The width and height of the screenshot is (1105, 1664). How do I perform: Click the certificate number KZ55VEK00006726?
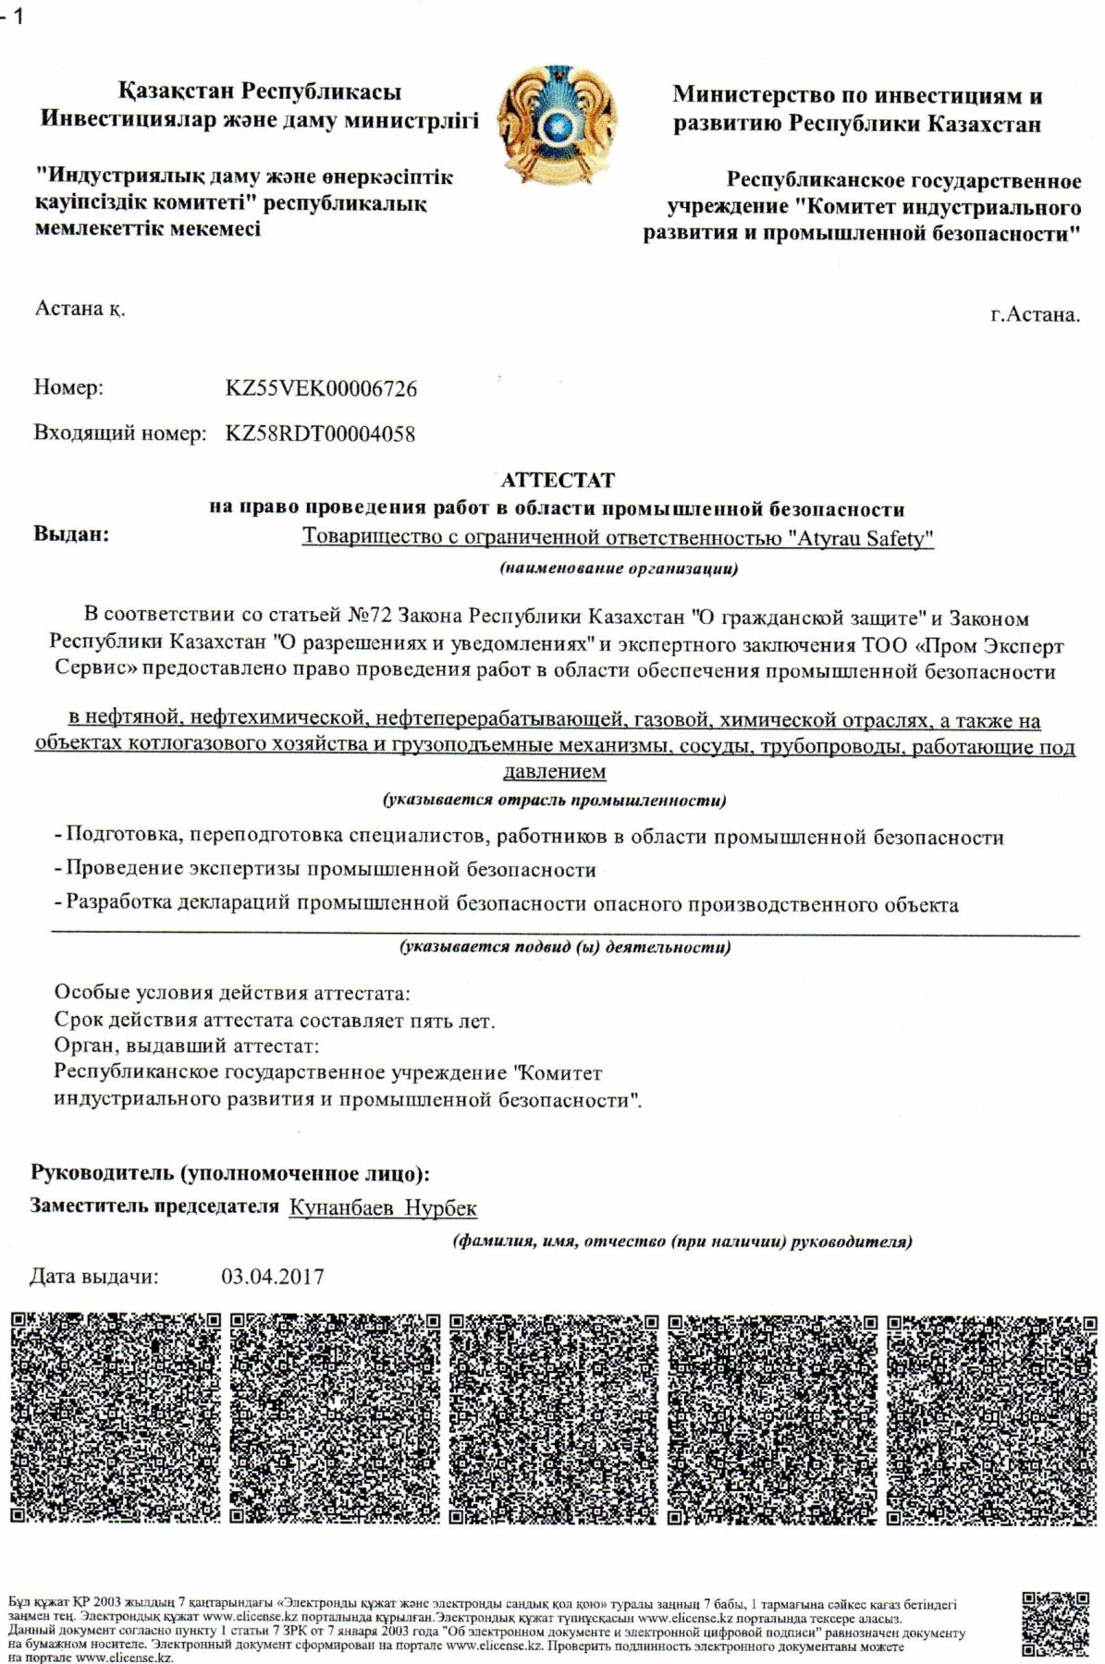click(x=321, y=388)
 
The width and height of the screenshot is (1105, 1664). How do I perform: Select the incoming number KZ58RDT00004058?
click(x=320, y=434)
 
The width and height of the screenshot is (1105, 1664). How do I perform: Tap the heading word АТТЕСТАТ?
click(x=557, y=480)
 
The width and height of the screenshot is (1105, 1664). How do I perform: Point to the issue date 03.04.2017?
click(x=273, y=1277)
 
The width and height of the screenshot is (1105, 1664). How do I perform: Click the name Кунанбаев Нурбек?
click(x=383, y=1207)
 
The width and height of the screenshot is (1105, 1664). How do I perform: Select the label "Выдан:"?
click(x=71, y=533)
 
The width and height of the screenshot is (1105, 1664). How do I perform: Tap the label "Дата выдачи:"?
click(x=94, y=1277)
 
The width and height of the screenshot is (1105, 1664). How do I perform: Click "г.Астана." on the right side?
click(x=1034, y=314)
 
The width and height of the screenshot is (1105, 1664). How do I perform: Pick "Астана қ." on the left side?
click(x=80, y=309)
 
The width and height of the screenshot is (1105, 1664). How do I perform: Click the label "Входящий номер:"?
click(x=119, y=434)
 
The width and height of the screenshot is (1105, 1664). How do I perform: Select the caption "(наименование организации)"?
click(x=619, y=569)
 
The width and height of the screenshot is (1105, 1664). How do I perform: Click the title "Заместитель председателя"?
click(x=154, y=1206)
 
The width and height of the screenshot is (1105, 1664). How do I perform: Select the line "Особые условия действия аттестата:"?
click(x=231, y=994)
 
